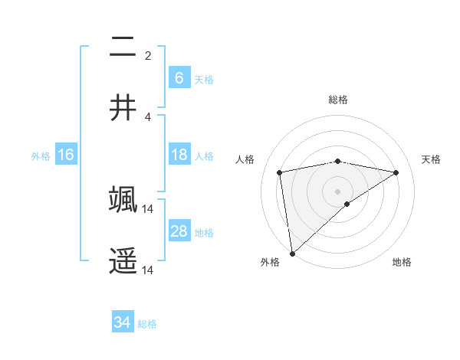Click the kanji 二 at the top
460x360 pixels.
point(123,47)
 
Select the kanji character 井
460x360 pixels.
point(123,106)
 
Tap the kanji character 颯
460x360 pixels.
point(123,198)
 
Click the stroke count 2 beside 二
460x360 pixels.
point(148,55)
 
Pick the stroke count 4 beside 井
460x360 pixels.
point(148,116)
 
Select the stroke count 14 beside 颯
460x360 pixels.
point(148,208)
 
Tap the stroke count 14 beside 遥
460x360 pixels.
point(148,270)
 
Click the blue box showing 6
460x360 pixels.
point(179,78)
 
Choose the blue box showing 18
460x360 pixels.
point(179,155)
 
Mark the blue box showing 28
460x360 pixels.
point(179,231)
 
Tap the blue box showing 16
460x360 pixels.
point(66,155)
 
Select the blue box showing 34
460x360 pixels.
point(122,322)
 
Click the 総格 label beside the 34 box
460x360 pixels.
point(148,324)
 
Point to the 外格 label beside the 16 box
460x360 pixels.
point(41,156)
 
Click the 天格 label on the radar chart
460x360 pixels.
point(431,159)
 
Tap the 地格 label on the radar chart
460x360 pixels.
point(402,262)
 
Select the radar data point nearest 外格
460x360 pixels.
point(292,253)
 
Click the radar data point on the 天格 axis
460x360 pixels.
point(396,172)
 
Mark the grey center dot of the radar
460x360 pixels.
point(338,191)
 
